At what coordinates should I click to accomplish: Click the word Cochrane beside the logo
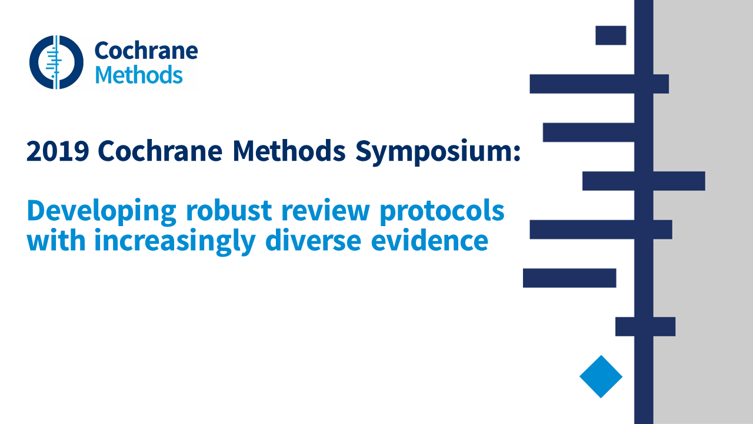[x=146, y=51]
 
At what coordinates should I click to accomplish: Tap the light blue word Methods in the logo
[x=139, y=75]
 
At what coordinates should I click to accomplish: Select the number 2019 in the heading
[x=58, y=151]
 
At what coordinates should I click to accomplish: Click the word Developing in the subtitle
[x=102, y=211]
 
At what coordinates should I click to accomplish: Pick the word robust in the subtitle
[x=229, y=210]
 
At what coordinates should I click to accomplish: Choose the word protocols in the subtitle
[x=442, y=211]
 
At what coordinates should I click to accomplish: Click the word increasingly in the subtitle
[x=175, y=241]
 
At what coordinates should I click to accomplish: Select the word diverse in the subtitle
[x=313, y=240]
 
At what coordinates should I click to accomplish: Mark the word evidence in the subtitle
[x=429, y=240]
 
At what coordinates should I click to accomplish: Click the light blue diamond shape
[x=601, y=376]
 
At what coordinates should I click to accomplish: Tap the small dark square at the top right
[x=611, y=35]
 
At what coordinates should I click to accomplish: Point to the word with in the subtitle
[x=56, y=240]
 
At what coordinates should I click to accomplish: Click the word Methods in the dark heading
[x=289, y=151]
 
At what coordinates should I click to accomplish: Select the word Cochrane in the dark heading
[x=160, y=151]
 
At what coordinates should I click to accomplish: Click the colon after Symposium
[x=517, y=153]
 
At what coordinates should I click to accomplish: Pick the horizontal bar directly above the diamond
[x=645, y=326]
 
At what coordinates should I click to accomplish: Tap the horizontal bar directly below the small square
[x=599, y=84]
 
